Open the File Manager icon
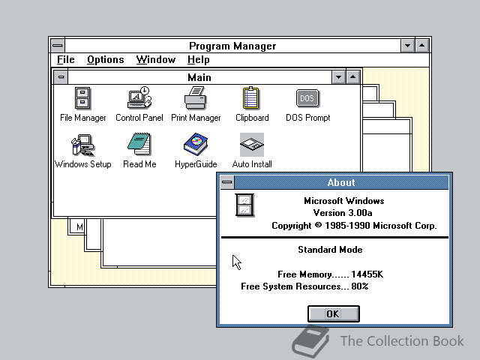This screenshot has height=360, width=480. (82, 98)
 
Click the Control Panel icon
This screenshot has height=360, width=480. (139, 97)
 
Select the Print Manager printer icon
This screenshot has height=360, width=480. (195, 98)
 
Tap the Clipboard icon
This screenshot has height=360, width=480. (251, 98)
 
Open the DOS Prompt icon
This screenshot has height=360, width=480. (307, 98)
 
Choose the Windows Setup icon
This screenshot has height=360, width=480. (82, 145)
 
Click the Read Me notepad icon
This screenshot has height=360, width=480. (139, 144)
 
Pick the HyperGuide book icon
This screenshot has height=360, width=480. (196, 144)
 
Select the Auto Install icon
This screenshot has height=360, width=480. (252, 145)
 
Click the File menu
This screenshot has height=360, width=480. (66, 59)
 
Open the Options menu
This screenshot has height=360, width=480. (106, 59)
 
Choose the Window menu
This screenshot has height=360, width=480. (156, 59)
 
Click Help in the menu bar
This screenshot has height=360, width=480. (199, 59)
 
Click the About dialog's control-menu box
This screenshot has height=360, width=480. (227, 182)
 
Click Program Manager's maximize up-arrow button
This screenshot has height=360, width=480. (422, 46)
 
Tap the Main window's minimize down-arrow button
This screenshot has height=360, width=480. (338, 77)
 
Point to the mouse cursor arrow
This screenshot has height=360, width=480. (237, 262)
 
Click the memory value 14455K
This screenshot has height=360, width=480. (367, 274)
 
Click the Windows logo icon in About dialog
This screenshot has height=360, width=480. (244, 205)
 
